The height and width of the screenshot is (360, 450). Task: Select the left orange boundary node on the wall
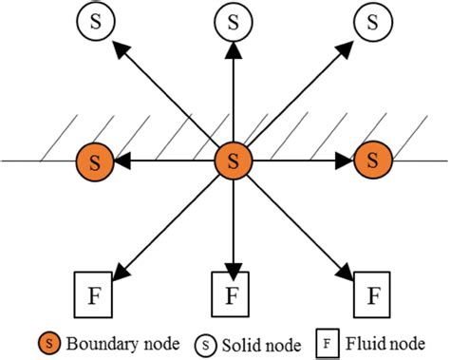[94, 161]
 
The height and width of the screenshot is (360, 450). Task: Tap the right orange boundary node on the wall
[372, 161]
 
